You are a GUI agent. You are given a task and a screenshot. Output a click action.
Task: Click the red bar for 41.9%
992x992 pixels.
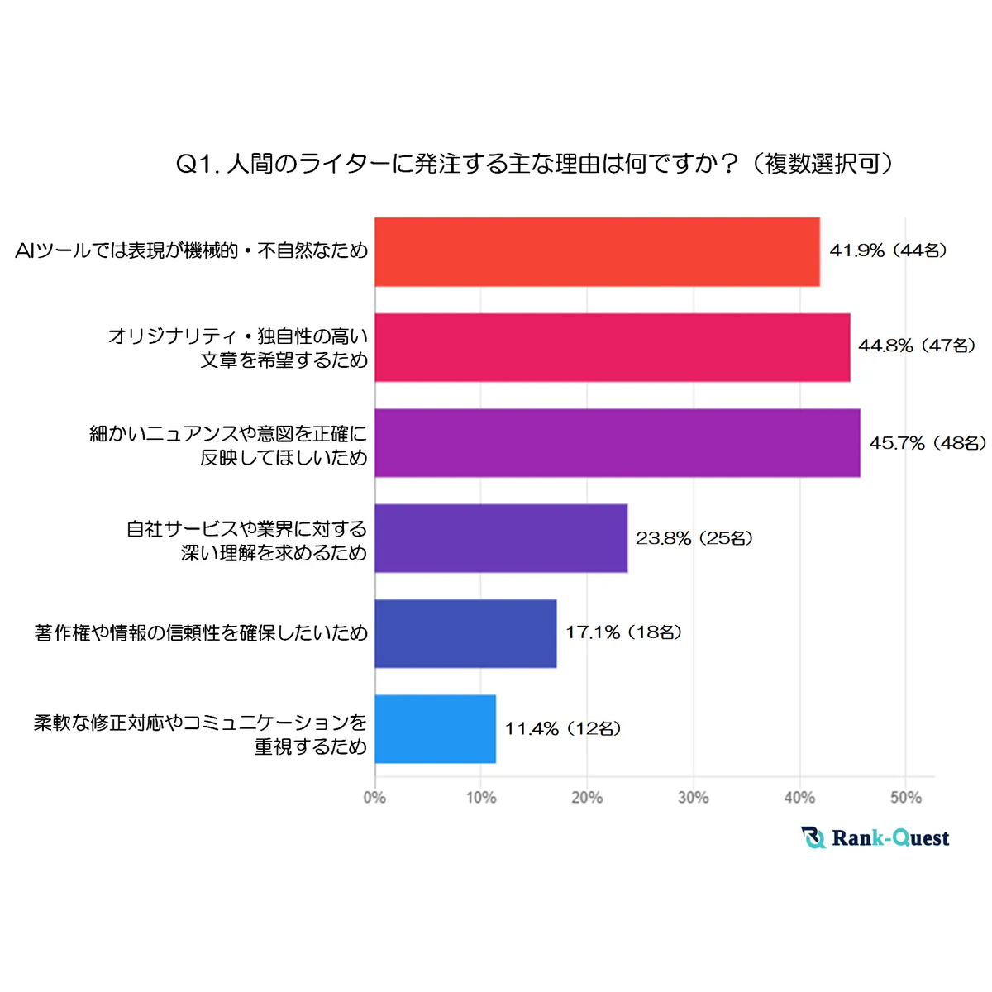(597, 252)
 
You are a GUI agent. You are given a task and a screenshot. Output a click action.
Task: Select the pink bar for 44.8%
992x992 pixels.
(612, 347)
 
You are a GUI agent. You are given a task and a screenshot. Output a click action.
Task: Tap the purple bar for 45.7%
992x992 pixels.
(617, 443)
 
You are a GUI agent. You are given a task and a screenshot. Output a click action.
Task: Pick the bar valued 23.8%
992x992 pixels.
(501, 538)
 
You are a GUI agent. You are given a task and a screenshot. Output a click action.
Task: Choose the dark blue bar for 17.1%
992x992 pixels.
(465, 633)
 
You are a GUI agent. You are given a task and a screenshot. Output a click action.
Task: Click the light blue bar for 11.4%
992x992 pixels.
(435, 728)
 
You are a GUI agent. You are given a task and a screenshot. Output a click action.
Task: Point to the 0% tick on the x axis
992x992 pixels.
(374, 798)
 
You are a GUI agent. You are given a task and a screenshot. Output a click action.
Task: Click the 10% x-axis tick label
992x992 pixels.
(481, 798)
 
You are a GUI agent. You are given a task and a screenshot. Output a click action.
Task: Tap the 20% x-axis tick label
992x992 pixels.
(587, 798)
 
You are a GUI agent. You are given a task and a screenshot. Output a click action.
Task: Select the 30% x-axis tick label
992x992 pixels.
(693, 798)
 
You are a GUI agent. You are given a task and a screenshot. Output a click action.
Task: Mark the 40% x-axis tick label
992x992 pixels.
(799, 798)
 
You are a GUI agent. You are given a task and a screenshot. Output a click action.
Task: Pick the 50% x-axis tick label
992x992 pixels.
(905, 798)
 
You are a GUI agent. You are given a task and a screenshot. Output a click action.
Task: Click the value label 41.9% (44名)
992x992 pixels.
(889, 250)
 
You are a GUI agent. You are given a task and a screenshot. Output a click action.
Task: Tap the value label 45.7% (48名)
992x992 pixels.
(928, 443)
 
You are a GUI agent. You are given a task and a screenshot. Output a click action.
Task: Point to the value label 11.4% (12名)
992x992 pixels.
(564, 728)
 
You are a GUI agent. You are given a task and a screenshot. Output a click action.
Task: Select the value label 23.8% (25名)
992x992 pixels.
(694, 538)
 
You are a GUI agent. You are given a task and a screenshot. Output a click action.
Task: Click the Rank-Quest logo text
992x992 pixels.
(889, 838)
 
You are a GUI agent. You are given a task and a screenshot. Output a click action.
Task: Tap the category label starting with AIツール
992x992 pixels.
(191, 250)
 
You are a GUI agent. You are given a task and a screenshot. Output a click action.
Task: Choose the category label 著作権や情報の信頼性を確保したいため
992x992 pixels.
(201, 633)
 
